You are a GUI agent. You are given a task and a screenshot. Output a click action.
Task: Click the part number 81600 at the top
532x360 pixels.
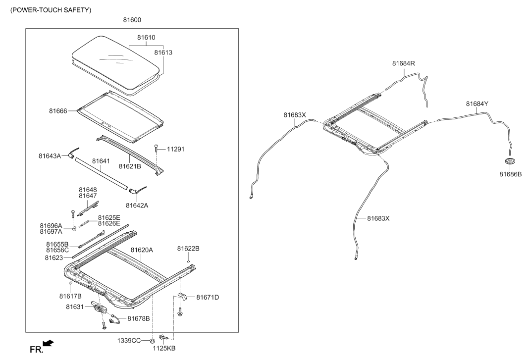132,20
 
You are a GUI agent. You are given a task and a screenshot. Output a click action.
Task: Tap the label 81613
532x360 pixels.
163,52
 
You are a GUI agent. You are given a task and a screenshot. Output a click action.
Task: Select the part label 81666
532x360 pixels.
58,111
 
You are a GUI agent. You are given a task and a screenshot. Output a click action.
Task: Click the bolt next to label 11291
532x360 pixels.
156,149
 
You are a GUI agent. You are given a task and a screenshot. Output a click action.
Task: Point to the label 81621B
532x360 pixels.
130,166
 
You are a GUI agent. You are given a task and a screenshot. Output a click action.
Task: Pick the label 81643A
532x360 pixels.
50,156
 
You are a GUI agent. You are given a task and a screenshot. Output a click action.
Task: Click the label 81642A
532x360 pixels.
137,206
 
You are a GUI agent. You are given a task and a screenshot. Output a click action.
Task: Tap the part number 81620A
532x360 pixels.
142,250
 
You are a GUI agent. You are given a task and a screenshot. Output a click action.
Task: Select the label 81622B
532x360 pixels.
188,249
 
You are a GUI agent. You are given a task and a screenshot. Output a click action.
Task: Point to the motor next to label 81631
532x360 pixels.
99,308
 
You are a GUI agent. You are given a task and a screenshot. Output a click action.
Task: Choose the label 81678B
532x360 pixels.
138,318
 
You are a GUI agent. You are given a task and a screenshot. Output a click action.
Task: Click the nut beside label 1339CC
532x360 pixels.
152,340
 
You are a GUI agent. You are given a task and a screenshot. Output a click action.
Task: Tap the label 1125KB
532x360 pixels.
164,348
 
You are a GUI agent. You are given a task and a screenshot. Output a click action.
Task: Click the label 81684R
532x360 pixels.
403,63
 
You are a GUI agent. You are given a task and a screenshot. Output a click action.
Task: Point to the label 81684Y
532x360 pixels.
477,104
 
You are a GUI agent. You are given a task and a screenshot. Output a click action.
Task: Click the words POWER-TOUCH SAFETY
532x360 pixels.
51,10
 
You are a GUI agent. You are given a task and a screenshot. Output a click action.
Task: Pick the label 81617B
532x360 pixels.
70,296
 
